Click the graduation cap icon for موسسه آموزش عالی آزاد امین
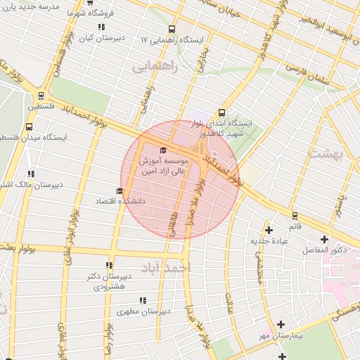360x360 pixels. pos(164,150)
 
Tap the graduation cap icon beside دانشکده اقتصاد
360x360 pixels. pos(119,191)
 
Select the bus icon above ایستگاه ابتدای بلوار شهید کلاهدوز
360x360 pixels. pos(222,112)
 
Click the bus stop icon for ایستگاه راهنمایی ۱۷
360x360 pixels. pos(172,30)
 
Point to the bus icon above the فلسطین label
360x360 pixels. pos(41,96)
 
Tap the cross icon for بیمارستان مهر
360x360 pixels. pos(281,324)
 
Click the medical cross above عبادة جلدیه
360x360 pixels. pos(269,229)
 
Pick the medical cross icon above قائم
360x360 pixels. pos(295,216)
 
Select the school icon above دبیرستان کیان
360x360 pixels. pos(101,27)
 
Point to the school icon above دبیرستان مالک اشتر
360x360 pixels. pos(30,174)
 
